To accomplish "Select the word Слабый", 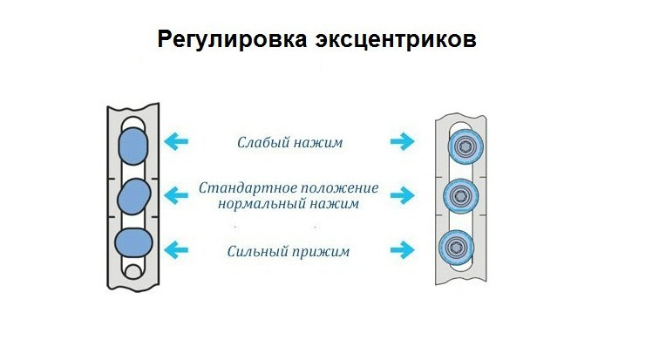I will [x=263, y=141].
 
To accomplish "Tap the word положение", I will [x=339, y=188].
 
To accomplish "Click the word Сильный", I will [x=259, y=252].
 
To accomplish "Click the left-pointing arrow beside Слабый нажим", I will [x=178, y=139].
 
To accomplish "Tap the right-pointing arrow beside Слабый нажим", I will [x=402, y=139].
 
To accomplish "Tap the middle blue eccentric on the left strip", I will [x=133, y=195].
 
